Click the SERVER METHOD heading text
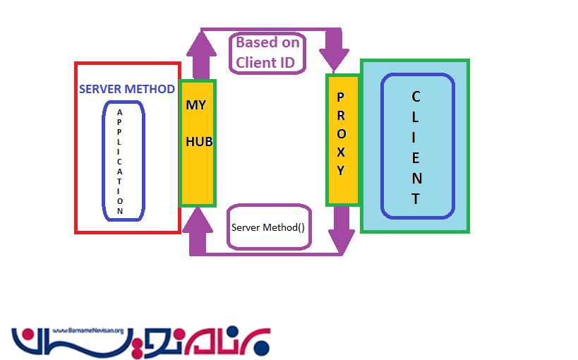pyautogui.click(x=127, y=89)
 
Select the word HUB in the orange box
pyautogui.click(x=198, y=141)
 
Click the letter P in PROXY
pyautogui.click(x=340, y=97)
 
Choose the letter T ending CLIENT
pyautogui.click(x=416, y=198)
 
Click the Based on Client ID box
pyautogui.click(x=267, y=52)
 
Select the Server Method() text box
pyautogui.click(x=268, y=227)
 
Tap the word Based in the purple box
pyautogui.click(x=251, y=42)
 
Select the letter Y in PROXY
pyautogui.click(x=340, y=170)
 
